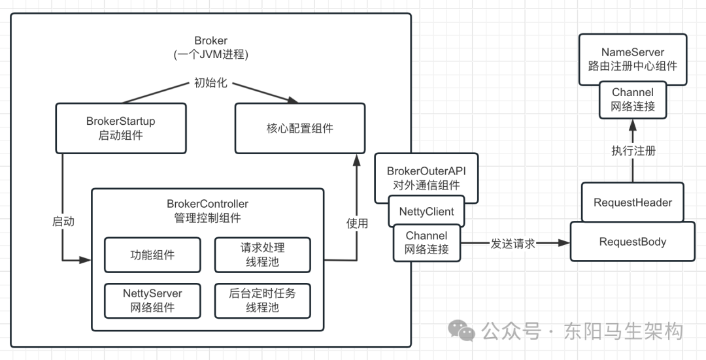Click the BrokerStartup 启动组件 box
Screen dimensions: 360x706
click(120, 128)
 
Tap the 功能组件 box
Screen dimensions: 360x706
click(152, 255)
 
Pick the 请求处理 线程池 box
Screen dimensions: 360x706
click(262, 255)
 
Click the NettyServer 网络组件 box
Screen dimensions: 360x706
click(152, 300)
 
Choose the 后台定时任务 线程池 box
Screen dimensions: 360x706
click(262, 300)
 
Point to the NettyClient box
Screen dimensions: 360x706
click(427, 211)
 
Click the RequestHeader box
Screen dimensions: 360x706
click(632, 203)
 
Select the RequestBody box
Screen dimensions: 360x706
click(632, 242)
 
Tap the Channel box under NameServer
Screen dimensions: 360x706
click(632, 99)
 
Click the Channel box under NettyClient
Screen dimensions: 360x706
click(426, 242)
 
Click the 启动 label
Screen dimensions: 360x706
click(63, 221)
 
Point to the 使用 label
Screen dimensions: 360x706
click(357, 223)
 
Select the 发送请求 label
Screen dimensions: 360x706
click(513, 243)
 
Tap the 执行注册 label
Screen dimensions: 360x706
click(633, 150)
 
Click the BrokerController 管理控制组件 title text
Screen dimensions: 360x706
click(207, 210)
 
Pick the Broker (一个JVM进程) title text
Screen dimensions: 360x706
click(211, 48)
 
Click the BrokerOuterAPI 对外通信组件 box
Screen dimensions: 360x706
click(426, 177)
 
